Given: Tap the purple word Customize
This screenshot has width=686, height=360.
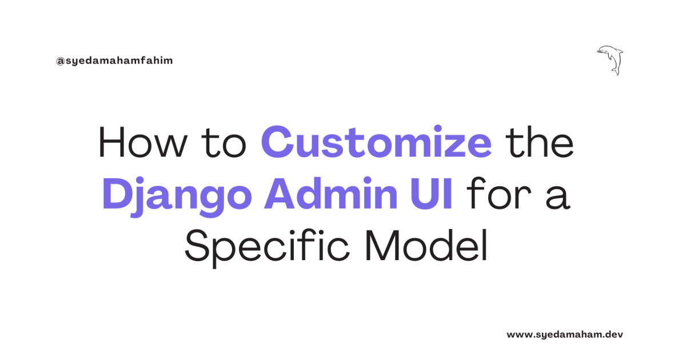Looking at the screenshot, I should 377,143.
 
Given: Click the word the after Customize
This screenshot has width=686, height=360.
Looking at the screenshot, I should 539,143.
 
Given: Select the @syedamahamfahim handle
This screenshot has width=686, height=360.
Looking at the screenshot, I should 114,61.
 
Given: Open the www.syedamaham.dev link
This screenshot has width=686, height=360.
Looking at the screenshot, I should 564,334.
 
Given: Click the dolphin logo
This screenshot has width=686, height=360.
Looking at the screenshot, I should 611,59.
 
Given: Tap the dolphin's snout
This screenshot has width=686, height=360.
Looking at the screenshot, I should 599,52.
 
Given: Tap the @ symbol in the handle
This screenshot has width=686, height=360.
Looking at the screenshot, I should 59,61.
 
